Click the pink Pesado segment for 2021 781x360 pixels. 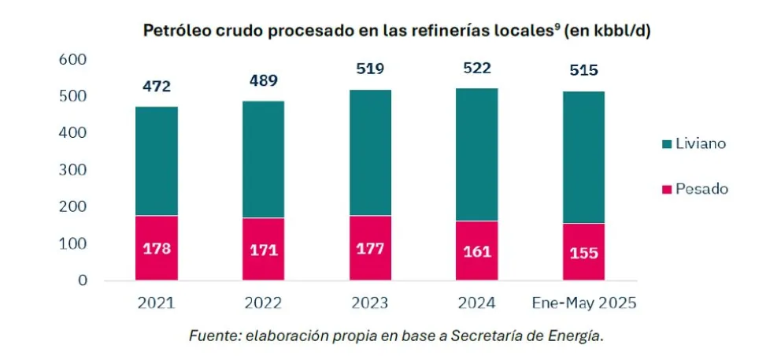156,248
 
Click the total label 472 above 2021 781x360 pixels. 156,86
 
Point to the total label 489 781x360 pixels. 264,80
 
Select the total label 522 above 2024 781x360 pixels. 476,69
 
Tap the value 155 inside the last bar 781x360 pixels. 583,253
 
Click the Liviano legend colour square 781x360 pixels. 666,145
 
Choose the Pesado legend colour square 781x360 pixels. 666,189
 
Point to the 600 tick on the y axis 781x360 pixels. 72,60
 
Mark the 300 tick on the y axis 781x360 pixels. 72,170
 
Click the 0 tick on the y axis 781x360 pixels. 82,280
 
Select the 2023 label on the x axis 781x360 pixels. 370,303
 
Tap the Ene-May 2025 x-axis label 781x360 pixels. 583,303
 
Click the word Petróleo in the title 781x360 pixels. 172,32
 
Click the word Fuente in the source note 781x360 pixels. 210,336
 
